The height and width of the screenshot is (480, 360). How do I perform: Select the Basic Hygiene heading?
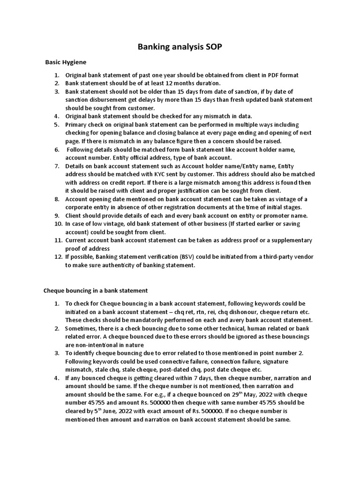(x=66, y=62)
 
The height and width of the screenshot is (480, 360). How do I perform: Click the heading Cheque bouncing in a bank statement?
(x=95, y=291)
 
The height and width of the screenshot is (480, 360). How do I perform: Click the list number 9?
(x=57, y=215)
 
